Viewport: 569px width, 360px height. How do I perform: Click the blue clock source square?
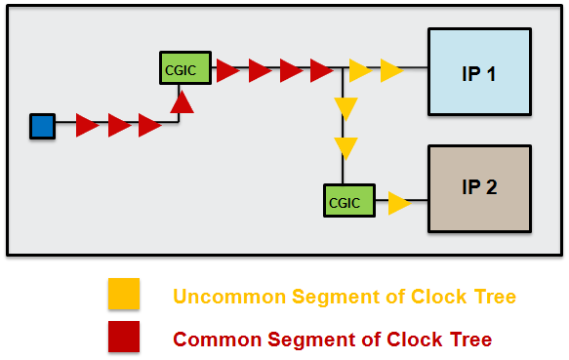42,126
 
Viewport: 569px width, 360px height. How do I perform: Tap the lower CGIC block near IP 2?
343,202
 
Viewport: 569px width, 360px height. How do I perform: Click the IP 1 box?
479,73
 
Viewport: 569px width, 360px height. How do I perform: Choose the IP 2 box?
479,187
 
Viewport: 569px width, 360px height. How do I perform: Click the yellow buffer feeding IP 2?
399,203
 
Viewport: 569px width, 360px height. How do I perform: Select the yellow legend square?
124,295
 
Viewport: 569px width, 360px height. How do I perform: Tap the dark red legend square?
124,337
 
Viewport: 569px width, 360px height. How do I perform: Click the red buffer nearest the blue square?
88,125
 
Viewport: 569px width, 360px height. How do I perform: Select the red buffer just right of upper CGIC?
227,70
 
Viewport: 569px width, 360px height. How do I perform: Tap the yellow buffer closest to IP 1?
392,70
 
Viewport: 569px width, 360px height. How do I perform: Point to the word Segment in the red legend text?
302,340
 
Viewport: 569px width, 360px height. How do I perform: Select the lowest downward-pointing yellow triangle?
345,148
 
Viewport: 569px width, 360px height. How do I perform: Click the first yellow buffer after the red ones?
360,70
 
